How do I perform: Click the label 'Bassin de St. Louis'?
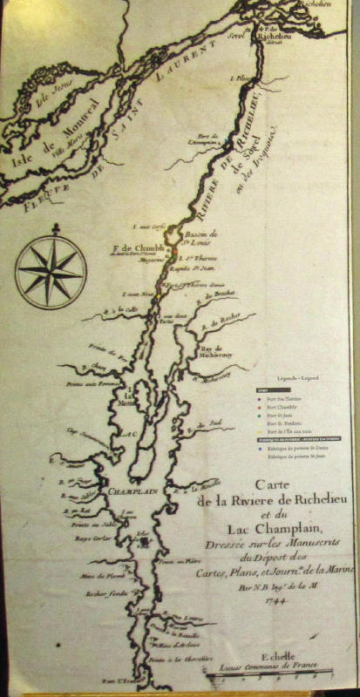pyautogui.click(x=200, y=240)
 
